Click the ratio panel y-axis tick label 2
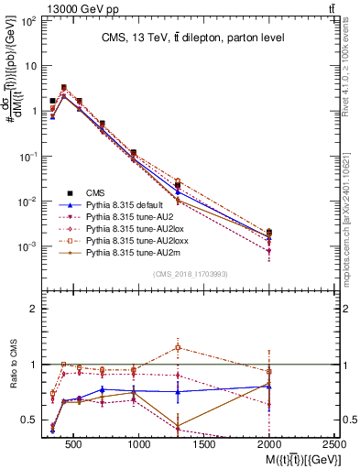(32, 309)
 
